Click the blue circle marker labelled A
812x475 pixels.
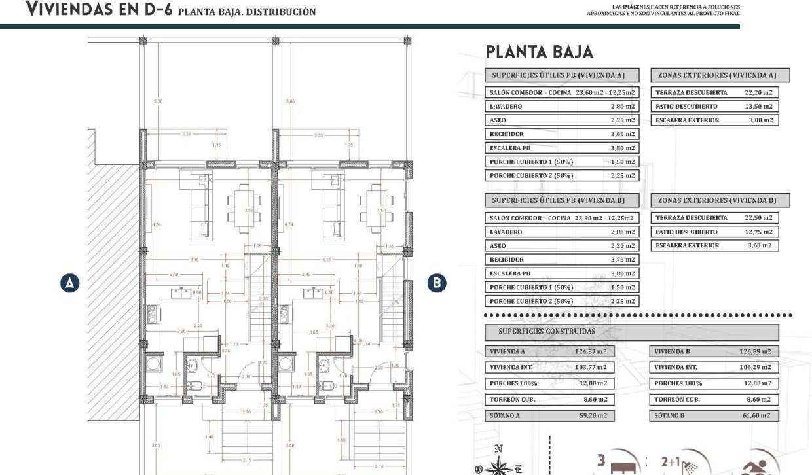[x=69, y=283]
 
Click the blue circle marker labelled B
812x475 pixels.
[x=437, y=283]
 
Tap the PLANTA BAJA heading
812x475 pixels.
[x=539, y=52]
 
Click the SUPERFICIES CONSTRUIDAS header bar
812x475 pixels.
[x=631, y=331]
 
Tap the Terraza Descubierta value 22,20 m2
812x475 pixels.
[x=758, y=93]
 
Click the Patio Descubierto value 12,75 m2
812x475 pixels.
[x=758, y=232]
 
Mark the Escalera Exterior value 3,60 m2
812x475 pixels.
[x=760, y=245]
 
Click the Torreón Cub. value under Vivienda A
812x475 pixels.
[x=594, y=399]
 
